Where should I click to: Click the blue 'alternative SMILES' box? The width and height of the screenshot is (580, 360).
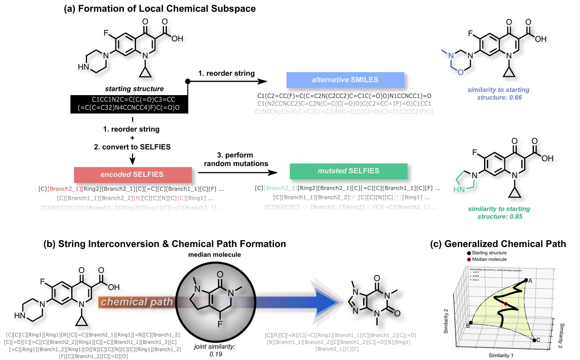[345, 80]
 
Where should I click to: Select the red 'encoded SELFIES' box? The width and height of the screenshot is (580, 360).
[132, 175]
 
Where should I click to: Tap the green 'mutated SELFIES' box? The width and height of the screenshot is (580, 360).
[348, 171]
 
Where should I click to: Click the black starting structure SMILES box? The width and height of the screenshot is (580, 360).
[129, 103]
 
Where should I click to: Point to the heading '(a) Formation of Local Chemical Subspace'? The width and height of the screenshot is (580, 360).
[159, 9]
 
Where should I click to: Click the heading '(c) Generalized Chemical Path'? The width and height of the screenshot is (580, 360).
[497, 244]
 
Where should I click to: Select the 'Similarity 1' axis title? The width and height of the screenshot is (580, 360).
[501, 356]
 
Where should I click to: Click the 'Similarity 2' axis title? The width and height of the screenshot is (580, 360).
[446, 321]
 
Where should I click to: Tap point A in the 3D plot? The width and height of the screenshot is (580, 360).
[526, 280]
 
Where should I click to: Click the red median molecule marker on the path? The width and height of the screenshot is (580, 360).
[506, 304]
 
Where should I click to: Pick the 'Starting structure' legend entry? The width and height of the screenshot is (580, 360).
[489, 253]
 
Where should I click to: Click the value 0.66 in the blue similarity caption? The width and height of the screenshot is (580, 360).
[515, 98]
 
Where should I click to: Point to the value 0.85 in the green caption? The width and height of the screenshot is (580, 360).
[516, 217]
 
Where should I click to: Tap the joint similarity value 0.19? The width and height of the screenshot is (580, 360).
[215, 354]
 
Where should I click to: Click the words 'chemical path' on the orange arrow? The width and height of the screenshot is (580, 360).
[136, 302]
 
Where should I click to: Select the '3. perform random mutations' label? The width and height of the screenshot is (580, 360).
[236, 159]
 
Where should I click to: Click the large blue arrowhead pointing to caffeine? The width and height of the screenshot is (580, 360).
[326, 302]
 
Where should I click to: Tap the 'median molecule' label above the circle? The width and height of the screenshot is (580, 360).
[215, 255]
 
